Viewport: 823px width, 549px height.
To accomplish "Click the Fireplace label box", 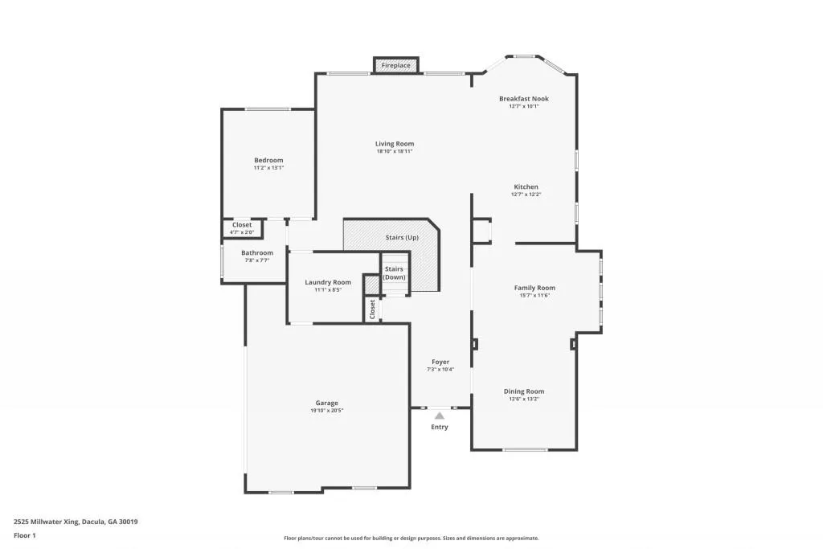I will coord(396,65).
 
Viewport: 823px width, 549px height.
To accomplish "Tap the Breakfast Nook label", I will coord(523,99).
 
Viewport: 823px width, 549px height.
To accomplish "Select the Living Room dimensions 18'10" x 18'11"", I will coord(394,151).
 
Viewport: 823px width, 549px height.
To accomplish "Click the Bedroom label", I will coord(268,160).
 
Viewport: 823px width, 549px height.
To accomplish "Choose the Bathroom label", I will coord(257,253).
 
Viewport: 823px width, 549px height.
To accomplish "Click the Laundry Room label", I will coord(328,282).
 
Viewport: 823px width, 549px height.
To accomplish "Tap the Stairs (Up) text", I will coord(402,238).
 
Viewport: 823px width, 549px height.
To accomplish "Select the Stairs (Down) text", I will coord(394,272).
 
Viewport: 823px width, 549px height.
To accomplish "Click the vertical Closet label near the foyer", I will coord(372,309).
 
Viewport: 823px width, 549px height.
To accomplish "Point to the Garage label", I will coord(326,403).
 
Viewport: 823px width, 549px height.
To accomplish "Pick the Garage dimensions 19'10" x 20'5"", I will coord(326,411).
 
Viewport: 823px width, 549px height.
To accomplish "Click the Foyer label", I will coord(440,362).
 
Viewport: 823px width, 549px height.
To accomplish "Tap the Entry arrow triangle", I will coord(439,416).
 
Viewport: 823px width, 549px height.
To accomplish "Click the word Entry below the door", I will coord(439,427).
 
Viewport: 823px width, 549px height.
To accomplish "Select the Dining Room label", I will coord(524,391).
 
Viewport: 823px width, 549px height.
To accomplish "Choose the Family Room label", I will coord(534,288).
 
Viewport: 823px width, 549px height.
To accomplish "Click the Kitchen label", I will coord(526,186).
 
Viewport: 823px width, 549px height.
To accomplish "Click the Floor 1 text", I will coord(26,535).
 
